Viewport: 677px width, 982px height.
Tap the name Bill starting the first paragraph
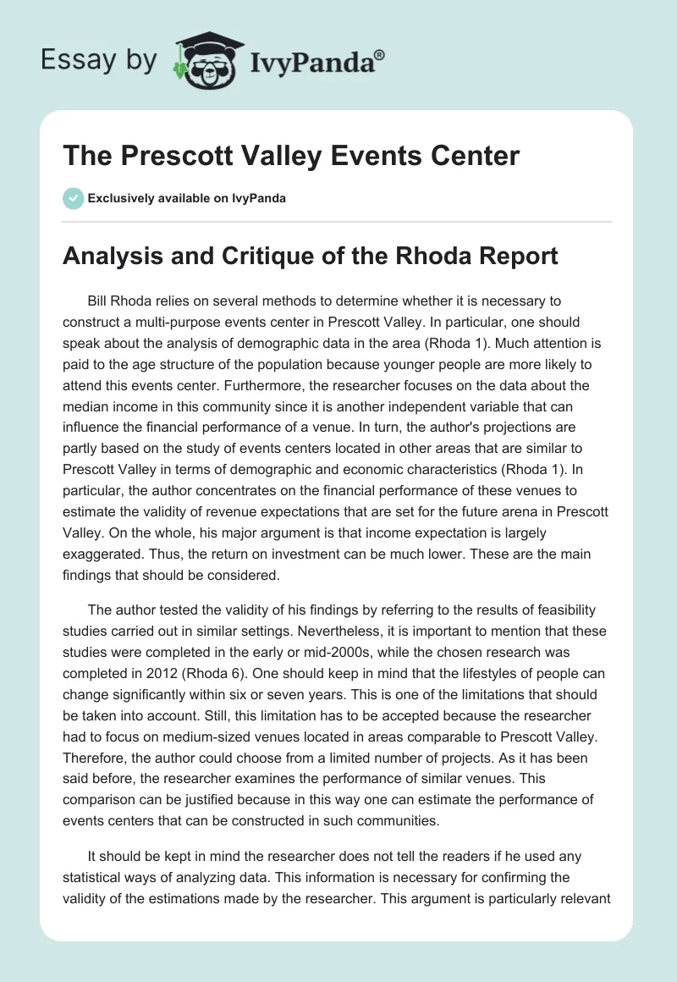pos(99,301)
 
